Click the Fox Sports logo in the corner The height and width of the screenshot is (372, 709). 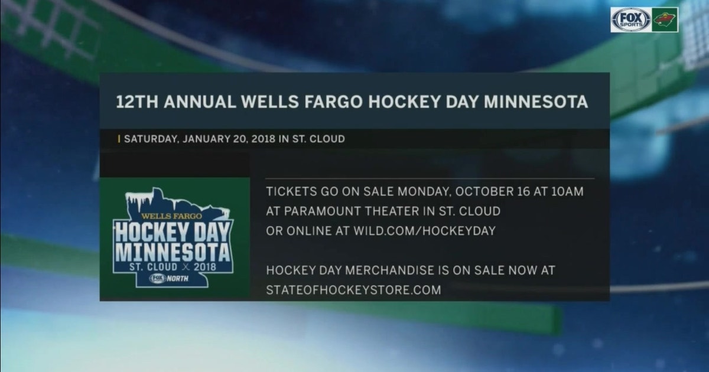631,19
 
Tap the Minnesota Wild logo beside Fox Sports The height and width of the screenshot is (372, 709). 665,19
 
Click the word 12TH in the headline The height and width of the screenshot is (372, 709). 136,102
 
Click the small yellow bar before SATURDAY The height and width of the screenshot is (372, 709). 119,139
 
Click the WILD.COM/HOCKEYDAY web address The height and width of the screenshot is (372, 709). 424,231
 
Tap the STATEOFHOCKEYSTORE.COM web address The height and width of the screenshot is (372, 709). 353,290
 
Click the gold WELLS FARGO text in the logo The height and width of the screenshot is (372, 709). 171,216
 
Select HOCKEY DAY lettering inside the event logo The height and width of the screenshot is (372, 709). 173,233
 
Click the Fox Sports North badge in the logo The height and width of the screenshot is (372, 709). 169,278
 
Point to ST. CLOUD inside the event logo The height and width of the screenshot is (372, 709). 153,267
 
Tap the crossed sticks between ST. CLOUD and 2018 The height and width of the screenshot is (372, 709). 186,267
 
